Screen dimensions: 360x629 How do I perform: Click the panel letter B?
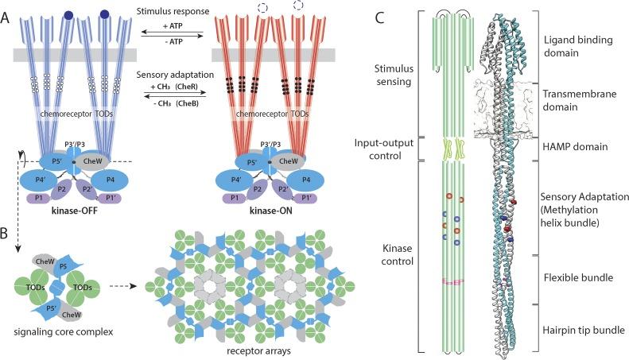pos(6,236)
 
